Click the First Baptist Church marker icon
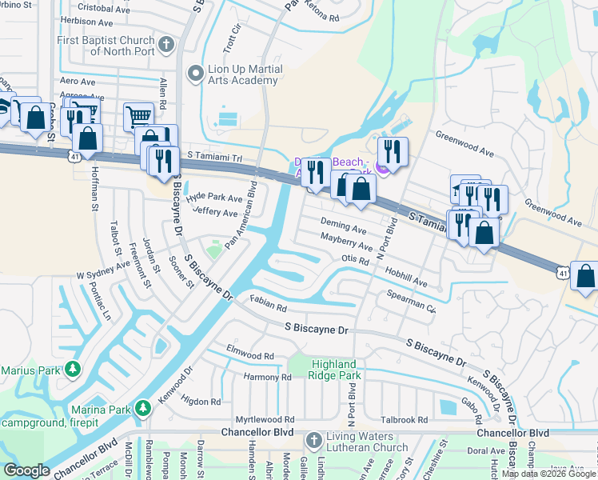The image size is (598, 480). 167,44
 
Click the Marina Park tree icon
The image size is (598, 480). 143,409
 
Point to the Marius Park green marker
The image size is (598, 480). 73,370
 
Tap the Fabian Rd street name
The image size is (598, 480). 268,305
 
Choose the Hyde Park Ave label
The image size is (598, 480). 214,198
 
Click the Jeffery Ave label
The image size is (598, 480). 215,213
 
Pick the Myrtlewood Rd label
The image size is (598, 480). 265,419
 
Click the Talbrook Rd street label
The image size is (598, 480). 405,419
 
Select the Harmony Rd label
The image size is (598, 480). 268,378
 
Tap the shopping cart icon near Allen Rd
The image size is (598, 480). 139,117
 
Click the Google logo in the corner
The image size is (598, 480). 27,470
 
